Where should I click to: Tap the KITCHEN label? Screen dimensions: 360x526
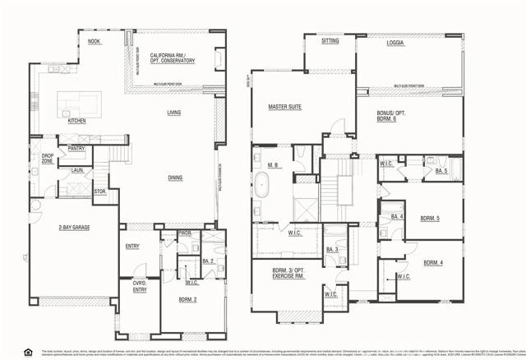tap(76, 121)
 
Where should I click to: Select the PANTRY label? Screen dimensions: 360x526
tap(77, 149)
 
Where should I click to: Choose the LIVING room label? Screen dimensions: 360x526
tap(174, 113)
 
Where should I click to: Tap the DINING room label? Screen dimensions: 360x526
tap(175, 177)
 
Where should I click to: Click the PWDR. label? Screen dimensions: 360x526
tap(185, 233)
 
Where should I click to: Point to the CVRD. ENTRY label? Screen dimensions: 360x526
tap(140, 286)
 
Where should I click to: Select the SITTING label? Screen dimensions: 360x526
tap(330, 40)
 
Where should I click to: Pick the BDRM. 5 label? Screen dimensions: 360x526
tap(430, 219)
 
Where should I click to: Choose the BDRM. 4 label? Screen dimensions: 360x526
tap(433, 263)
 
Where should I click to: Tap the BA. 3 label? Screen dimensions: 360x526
tap(332, 249)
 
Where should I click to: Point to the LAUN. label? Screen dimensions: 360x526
tap(78, 170)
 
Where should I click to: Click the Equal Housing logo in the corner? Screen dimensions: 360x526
tap(28, 352)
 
